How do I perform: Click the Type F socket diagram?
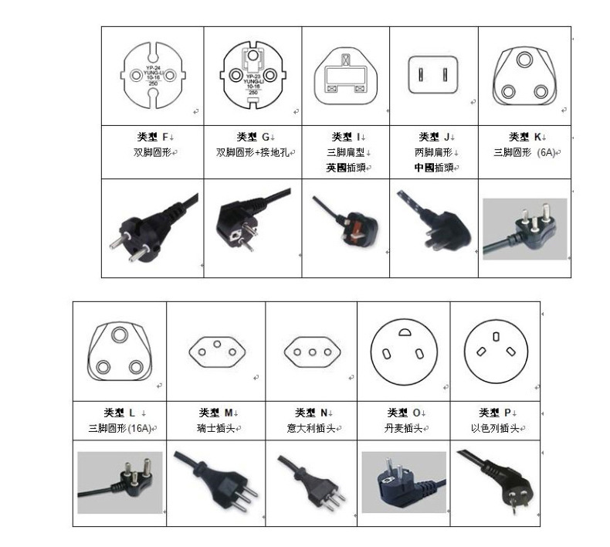tap(153, 76)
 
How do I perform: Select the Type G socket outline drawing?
tap(253, 75)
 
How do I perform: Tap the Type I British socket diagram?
tap(345, 75)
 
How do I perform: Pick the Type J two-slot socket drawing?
tap(433, 75)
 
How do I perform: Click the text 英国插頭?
tap(347, 167)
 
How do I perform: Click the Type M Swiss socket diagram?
tap(215, 352)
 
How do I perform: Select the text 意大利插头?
tap(313, 428)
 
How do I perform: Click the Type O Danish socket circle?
tap(403, 352)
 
